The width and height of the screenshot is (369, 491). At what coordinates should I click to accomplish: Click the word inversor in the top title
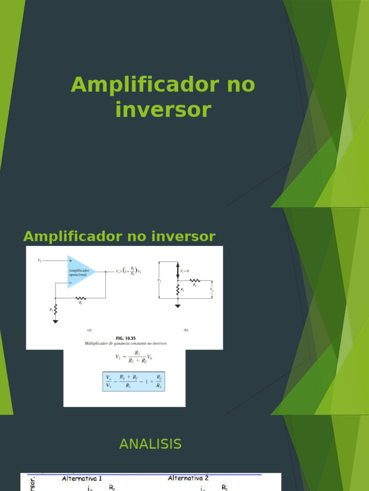[163, 110]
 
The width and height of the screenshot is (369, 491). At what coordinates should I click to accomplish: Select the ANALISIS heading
[150, 444]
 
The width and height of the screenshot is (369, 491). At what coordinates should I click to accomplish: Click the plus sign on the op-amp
[71, 261]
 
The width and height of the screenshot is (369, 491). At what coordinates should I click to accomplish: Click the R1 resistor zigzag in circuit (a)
[56, 310]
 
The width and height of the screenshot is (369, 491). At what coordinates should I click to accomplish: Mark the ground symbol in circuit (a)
[56, 321]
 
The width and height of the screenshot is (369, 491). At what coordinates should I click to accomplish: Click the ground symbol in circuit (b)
[178, 305]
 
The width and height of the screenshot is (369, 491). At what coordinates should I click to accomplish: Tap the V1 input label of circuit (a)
[39, 260]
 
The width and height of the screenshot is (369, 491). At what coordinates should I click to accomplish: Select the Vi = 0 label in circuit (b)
[184, 271]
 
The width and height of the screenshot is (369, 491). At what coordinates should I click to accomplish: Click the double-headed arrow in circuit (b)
[178, 271]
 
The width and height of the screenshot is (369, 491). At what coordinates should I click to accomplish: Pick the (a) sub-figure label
[89, 330]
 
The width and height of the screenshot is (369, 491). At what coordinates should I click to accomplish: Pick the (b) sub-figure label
[185, 330]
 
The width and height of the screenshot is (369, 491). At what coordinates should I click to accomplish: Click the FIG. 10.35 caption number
[126, 338]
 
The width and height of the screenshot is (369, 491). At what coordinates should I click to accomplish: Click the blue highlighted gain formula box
[134, 381]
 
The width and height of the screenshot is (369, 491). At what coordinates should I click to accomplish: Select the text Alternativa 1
[82, 478]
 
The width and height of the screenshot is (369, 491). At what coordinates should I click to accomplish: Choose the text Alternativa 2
[188, 478]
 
